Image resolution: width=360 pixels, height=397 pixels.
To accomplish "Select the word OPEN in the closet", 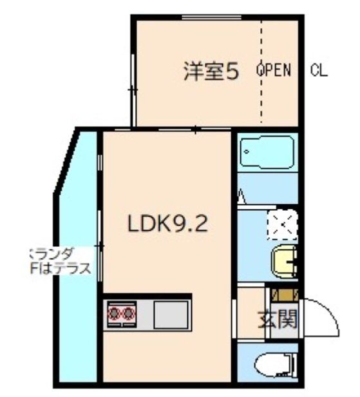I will point(274,70).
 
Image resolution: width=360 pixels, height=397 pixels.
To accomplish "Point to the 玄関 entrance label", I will point(278,319).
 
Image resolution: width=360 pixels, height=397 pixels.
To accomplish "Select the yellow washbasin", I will point(285,261).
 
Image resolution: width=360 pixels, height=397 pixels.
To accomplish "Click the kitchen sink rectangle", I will point(169,315).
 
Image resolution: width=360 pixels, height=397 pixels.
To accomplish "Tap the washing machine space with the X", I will point(283,226).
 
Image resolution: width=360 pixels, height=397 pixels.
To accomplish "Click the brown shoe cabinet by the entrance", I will point(284,296).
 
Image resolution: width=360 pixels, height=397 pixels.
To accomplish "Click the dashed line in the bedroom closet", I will point(261,71).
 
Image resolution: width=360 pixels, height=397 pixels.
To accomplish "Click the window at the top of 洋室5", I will point(206,19).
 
